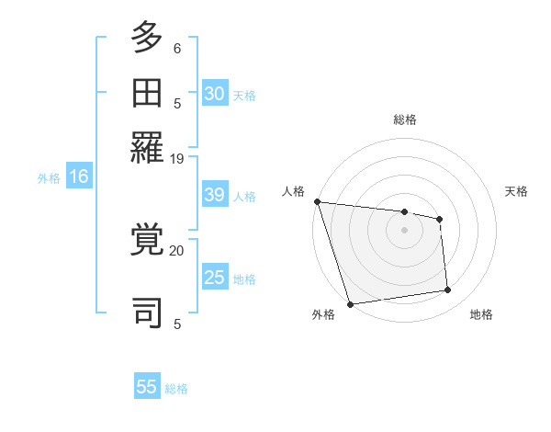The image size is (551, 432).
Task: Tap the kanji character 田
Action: (x=147, y=92)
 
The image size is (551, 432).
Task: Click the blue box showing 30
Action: (x=215, y=94)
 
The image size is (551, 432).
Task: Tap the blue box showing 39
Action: (x=215, y=196)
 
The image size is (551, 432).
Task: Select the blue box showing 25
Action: (x=215, y=278)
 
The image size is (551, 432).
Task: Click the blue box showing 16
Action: (x=79, y=177)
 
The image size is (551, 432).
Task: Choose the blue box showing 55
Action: (x=147, y=387)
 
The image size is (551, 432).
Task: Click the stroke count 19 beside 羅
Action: (x=177, y=159)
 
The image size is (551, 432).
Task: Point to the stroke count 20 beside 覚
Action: (x=177, y=250)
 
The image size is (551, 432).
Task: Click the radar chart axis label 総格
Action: (x=404, y=119)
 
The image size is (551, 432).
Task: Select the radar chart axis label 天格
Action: (x=516, y=191)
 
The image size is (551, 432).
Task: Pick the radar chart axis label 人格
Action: (x=294, y=191)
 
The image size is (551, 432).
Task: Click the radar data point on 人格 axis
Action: (x=317, y=201)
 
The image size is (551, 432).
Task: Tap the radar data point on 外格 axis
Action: (x=351, y=303)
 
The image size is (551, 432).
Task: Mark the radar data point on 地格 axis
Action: (x=448, y=290)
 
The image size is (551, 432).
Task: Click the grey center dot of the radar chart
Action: (x=404, y=230)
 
